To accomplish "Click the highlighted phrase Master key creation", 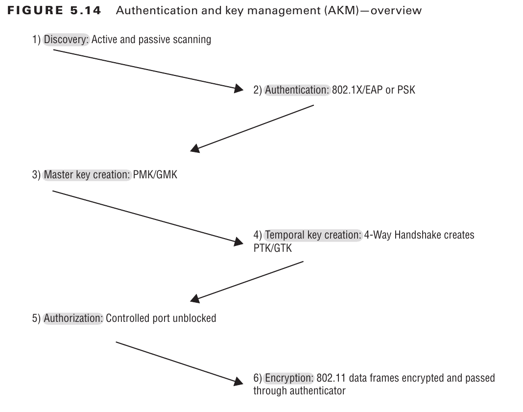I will click(88, 174).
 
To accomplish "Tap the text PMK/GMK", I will click(155, 174).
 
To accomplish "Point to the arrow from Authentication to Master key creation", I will click(252, 127).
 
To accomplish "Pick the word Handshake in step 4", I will click(414, 235).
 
